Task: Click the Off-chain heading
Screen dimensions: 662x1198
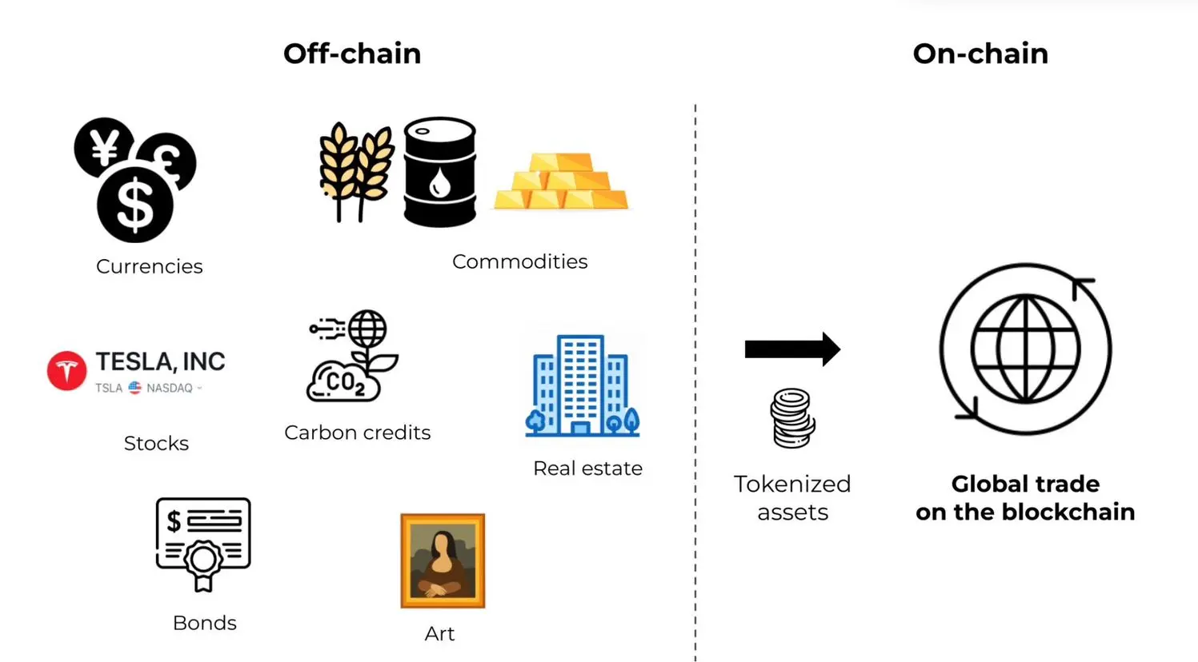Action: click(352, 54)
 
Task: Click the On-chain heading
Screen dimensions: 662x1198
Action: click(980, 54)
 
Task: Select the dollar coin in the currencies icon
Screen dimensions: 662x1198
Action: click(135, 205)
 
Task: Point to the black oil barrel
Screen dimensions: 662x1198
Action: click(439, 172)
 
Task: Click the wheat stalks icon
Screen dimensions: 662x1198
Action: click(355, 170)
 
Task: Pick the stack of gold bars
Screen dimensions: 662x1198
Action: click(561, 181)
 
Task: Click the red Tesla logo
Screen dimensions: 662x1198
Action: click(66, 371)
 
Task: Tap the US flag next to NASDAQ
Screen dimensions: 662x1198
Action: click(134, 388)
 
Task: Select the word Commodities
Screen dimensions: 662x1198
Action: click(519, 261)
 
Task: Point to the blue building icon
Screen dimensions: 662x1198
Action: click(582, 385)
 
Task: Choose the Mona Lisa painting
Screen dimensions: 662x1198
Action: click(443, 560)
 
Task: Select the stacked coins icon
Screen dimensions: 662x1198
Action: click(792, 417)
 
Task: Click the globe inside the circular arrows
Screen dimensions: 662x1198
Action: click(1025, 349)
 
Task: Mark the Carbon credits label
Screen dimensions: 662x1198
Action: click(357, 433)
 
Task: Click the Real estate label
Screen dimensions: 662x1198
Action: click(587, 469)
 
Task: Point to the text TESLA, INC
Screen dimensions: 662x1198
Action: click(160, 362)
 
